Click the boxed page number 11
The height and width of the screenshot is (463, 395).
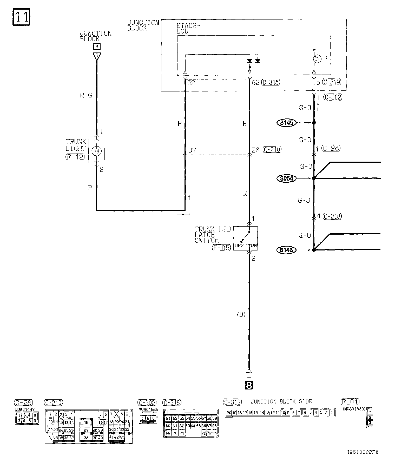point(21,17)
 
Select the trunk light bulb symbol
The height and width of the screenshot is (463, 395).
point(96,151)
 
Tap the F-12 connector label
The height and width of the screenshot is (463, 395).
point(75,157)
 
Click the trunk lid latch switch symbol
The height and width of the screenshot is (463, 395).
point(245,238)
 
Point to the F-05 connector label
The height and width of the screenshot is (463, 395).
point(221,248)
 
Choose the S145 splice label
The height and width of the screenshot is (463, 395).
point(287,123)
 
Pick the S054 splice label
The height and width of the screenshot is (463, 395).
point(287,178)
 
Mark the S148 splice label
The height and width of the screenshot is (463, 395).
point(287,250)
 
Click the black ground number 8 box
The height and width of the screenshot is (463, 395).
point(249,385)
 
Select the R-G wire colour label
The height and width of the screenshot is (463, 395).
point(86,96)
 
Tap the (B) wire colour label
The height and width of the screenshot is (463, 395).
point(241,314)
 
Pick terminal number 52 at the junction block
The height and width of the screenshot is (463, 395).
point(191,83)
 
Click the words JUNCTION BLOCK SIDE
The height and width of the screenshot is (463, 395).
point(281,402)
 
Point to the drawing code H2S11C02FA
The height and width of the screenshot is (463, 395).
point(362,452)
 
